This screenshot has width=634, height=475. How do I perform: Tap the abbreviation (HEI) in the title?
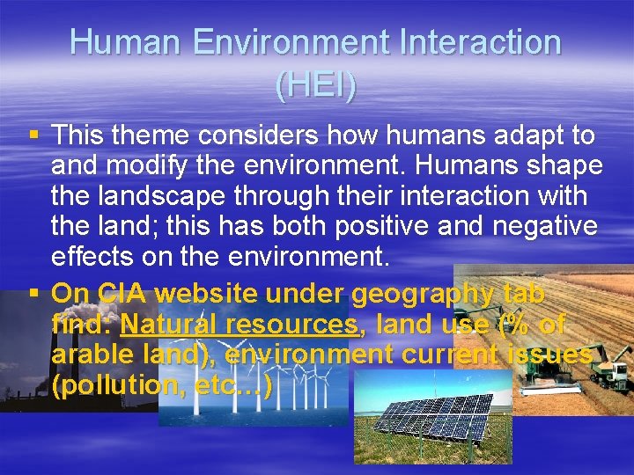[316, 86]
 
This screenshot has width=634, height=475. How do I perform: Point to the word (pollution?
[112, 384]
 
